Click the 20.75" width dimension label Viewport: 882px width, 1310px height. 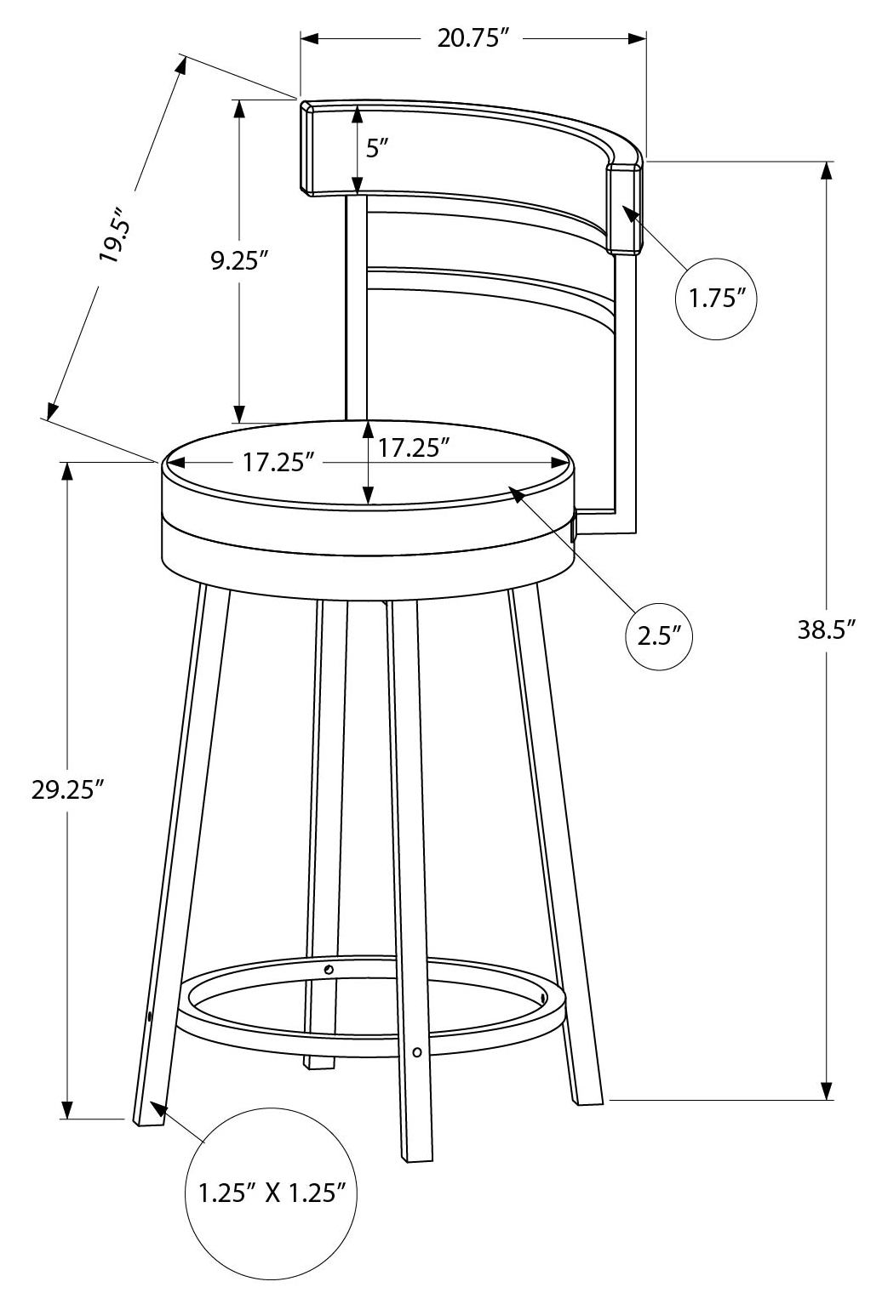471,38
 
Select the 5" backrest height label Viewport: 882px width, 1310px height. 377,149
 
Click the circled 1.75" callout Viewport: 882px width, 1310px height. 717,299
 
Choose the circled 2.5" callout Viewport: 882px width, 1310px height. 660,636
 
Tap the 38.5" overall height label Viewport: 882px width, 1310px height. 827,630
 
